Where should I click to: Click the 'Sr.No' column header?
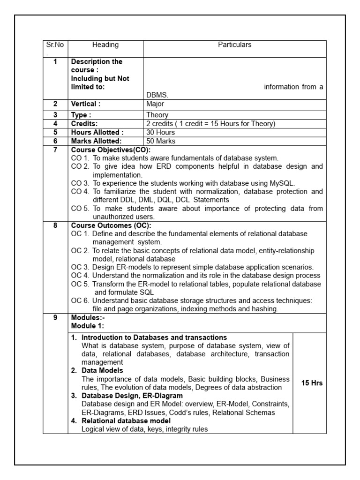(55, 45)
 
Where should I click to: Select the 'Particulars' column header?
(234, 45)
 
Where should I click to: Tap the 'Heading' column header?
(105, 45)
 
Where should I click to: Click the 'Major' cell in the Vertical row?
(155, 104)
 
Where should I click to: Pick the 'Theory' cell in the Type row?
(157, 115)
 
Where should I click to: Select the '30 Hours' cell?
(159, 132)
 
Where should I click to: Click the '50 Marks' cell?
(160, 141)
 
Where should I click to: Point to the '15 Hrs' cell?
(311, 383)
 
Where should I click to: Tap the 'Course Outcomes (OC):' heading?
(104, 225)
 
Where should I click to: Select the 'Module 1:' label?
(88, 326)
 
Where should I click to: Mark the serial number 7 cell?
(55, 150)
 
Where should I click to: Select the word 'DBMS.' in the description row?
(157, 95)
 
